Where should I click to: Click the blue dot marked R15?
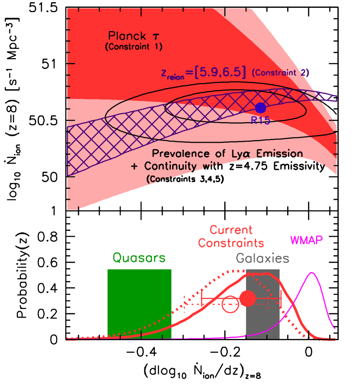[260, 107]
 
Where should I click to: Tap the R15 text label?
[260, 120]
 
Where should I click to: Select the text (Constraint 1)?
[134, 47]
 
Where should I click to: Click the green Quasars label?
[139, 258]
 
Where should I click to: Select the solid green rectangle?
[139, 303]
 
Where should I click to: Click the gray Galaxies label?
[262, 259]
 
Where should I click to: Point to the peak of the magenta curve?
[311, 273]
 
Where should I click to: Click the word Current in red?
[231, 230]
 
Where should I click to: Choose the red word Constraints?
[231, 242]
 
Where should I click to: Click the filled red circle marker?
[248, 298]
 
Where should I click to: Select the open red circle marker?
[230, 304]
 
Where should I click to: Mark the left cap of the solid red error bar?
[202, 298]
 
